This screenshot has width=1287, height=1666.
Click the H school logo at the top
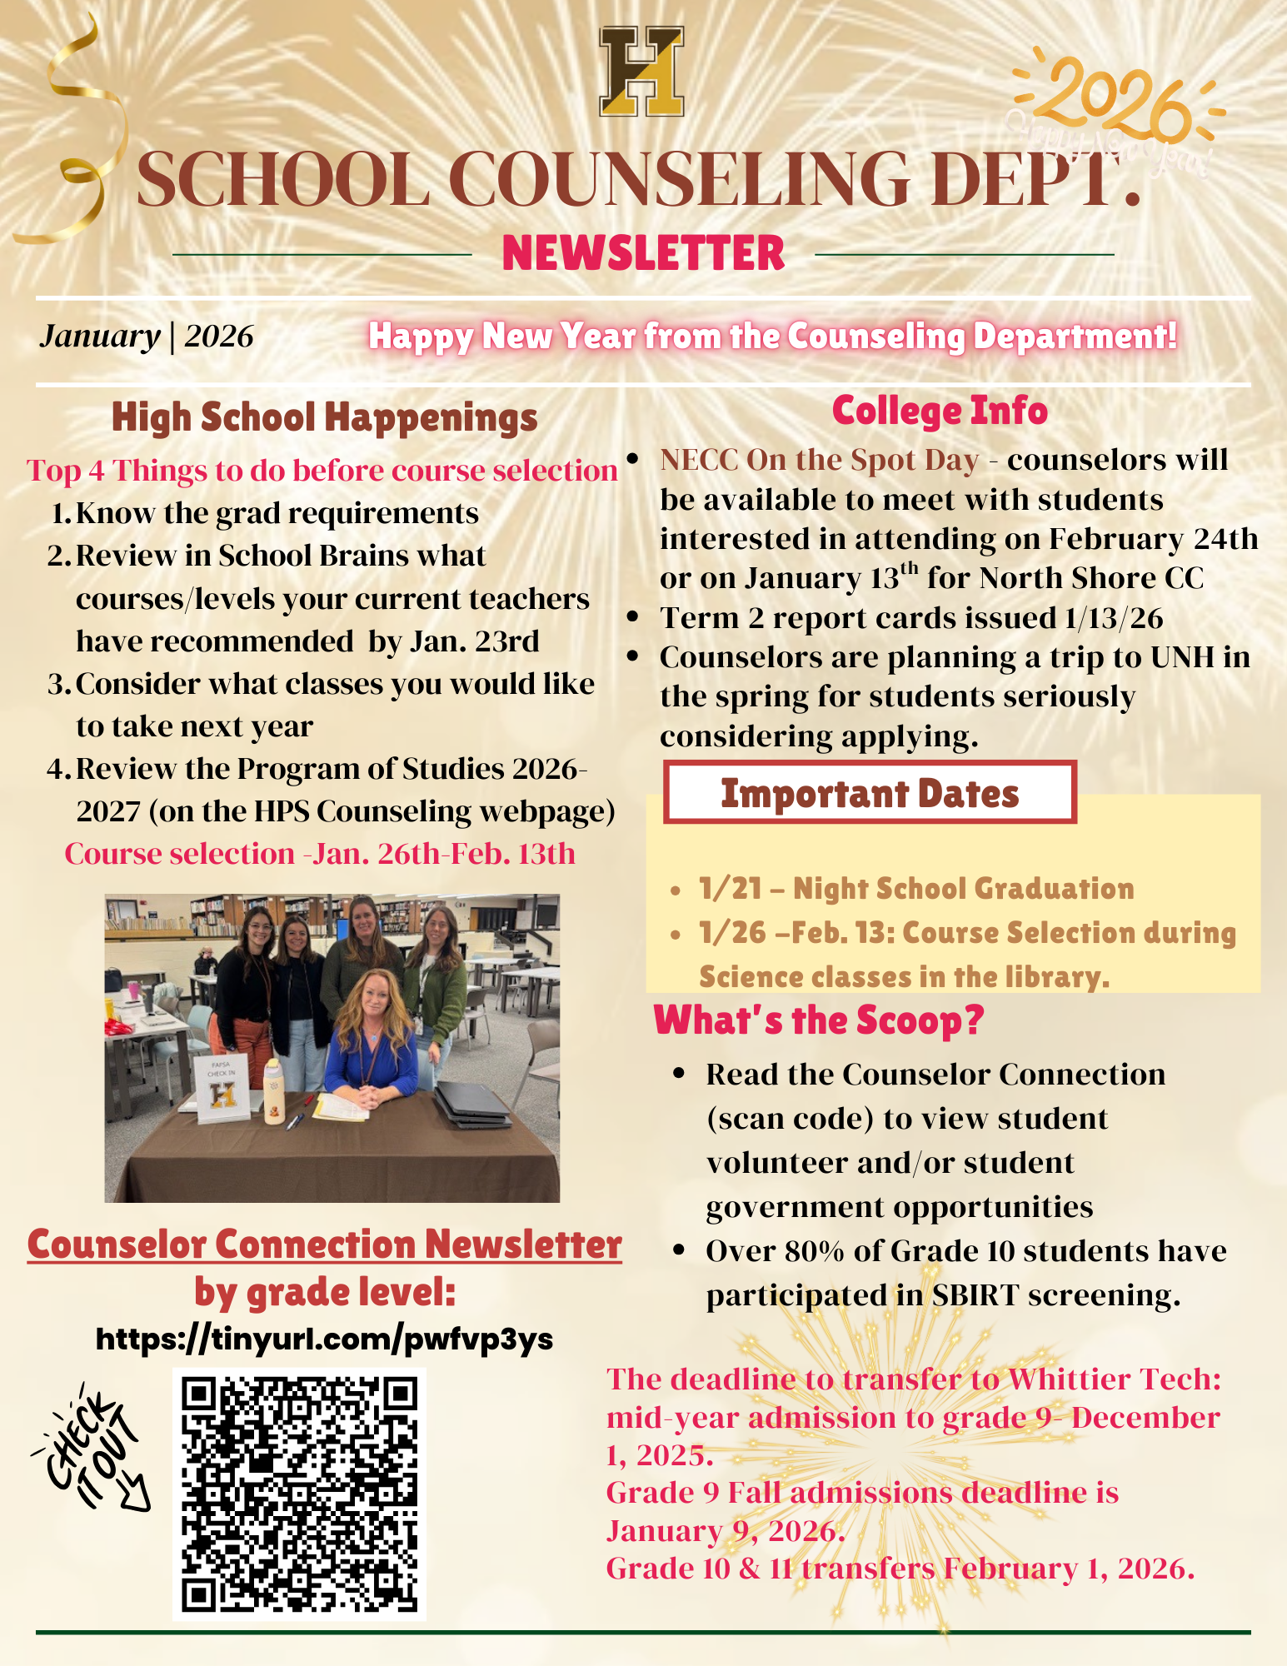[641, 71]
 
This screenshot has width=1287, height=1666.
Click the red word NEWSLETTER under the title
[643, 253]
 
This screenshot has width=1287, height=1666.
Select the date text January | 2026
[147, 336]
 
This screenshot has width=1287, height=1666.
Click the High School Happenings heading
[324, 417]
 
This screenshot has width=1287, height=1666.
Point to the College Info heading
[940, 411]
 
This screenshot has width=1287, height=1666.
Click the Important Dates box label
[870, 793]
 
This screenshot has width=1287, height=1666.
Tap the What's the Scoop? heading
[819, 1020]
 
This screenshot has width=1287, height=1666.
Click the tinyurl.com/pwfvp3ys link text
[325, 1339]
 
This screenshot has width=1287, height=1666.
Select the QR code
[299, 1494]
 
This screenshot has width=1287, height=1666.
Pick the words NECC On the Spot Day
[819, 460]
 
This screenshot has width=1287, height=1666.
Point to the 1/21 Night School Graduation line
[916, 889]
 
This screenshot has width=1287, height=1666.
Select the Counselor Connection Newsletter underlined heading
[324, 1245]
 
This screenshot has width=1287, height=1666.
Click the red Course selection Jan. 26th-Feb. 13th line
[320, 854]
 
